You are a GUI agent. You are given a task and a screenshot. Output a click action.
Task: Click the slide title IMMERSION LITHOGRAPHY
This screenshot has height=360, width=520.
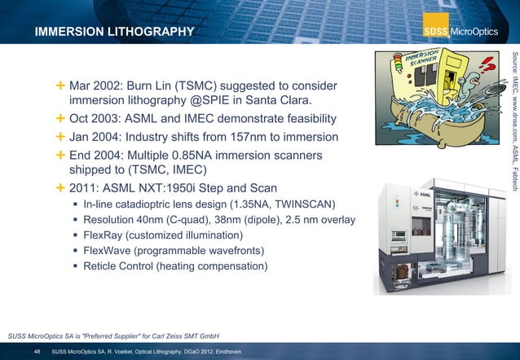point(113,32)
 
